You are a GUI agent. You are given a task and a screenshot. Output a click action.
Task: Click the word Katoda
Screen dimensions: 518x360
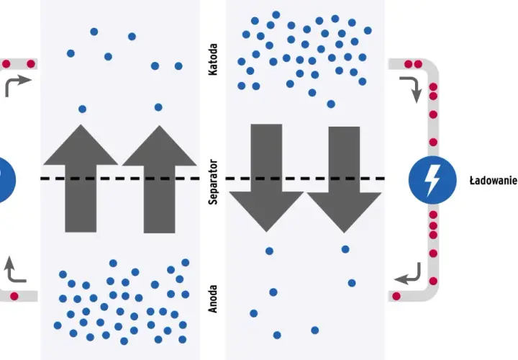[x=213, y=60]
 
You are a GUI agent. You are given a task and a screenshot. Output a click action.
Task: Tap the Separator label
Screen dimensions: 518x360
[x=214, y=182]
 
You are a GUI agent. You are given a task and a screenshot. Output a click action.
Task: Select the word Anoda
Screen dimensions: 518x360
[x=213, y=299]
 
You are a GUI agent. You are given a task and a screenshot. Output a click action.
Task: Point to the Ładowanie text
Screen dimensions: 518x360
[x=494, y=181]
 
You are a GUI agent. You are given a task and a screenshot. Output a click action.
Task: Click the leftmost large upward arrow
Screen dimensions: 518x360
[x=81, y=179]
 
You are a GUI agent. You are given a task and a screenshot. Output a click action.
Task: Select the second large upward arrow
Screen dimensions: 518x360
[x=159, y=179]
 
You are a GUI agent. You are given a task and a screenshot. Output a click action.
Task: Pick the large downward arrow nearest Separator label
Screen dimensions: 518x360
[x=266, y=178]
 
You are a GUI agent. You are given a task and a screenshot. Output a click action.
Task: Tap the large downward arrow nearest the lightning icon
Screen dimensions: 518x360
[x=344, y=180]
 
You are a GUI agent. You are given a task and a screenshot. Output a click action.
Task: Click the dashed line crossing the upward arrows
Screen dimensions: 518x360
[x=120, y=179]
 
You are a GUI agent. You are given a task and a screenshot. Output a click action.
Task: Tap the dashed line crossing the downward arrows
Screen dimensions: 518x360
[x=305, y=179]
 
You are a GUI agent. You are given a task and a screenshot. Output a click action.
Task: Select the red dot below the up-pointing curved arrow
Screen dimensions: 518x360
[x=14, y=296]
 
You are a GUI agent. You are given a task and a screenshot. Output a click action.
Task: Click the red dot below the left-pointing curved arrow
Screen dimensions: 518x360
[x=396, y=296]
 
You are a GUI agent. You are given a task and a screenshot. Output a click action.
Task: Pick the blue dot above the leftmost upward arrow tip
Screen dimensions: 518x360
[x=82, y=109]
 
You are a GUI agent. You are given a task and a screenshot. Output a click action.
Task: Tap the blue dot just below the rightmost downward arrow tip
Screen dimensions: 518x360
[x=345, y=249]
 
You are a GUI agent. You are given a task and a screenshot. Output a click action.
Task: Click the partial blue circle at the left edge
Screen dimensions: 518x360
[x=6, y=180]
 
